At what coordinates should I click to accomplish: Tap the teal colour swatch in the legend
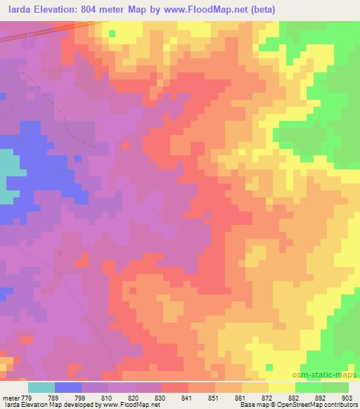41,387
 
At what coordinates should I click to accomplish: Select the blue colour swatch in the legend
68,387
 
